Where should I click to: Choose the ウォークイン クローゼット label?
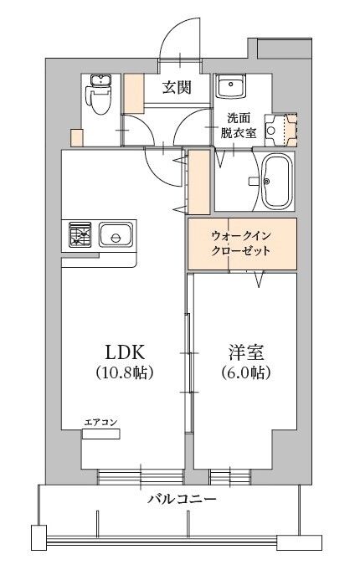tap(241, 244)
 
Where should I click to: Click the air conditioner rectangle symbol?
tap(101, 434)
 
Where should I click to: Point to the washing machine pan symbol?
tap(280, 130)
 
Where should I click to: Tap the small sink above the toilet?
tap(100, 81)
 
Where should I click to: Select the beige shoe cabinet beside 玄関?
tap(133, 94)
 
